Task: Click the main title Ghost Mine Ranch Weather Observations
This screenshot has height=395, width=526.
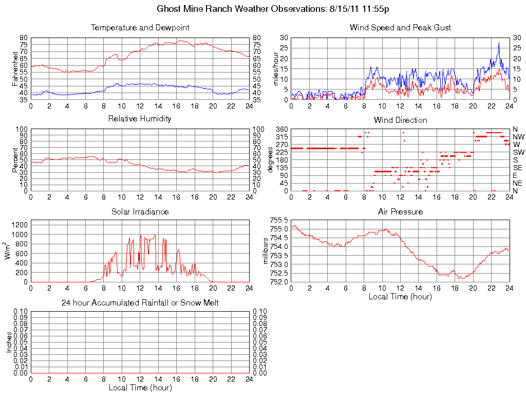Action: click(x=276, y=9)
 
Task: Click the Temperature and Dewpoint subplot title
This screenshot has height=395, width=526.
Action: click(x=140, y=28)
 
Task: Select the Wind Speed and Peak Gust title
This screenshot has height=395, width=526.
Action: click(x=400, y=28)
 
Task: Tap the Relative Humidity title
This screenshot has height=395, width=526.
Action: click(x=140, y=119)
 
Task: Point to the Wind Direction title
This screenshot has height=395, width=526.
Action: click(x=400, y=120)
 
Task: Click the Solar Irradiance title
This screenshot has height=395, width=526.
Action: click(x=140, y=212)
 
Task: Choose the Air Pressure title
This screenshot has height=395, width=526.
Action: click(x=400, y=212)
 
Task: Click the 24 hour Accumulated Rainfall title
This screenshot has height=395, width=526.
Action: click(x=140, y=303)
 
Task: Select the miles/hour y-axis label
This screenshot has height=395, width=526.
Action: click(x=275, y=69)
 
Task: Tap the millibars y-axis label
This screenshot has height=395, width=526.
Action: click(x=266, y=250)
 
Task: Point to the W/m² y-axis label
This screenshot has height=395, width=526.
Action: click(x=9, y=250)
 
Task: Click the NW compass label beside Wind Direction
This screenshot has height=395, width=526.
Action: click(x=518, y=137)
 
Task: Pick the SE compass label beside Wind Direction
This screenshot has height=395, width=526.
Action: click(x=518, y=168)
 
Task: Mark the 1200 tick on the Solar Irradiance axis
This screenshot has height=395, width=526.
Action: click(x=20, y=224)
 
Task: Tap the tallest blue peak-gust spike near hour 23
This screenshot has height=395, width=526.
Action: click(x=499, y=43)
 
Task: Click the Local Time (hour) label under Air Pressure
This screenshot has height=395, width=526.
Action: click(x=400, y=297)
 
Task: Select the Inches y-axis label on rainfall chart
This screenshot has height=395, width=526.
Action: click(x=9, y=342)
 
